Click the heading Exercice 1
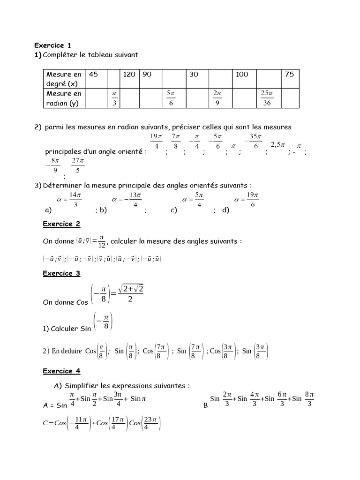[x=52, y=45]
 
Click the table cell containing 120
[x=129, y=75]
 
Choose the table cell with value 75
[x=290, y=75]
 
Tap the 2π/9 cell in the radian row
[x=217, y=98]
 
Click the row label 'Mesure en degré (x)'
[x=63, y=79]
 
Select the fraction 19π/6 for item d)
[x=252, y=199]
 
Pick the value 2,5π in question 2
[x=278, y=145]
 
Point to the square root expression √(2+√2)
[x=130, y=291]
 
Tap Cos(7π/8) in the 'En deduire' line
[x=155, y=351]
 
